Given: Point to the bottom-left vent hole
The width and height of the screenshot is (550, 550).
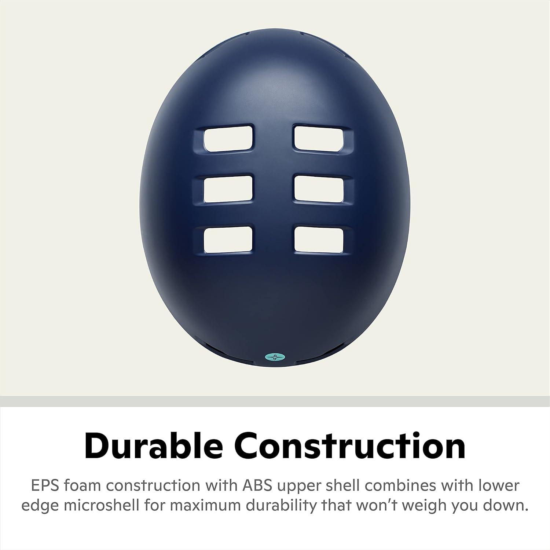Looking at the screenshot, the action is [228, 239].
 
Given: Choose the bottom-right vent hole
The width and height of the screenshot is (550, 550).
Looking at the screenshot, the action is [319, 239].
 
